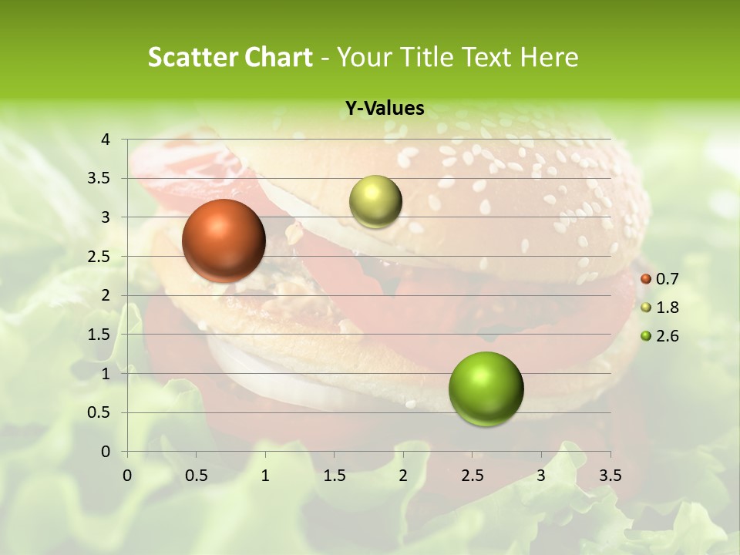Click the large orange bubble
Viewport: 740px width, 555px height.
click(x=224, y=240)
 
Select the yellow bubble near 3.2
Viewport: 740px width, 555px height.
click(x=375, y=201)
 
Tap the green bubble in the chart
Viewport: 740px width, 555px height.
click(x=486, y=388)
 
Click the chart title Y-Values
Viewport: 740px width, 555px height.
click(x=384, y=109)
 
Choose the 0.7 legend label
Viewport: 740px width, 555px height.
click(x=668, y=279)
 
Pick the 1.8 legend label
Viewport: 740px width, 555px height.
click(x=668, y=308)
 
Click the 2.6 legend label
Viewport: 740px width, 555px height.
click(x=668, y=336)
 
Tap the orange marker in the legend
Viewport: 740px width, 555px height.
click(x=646, y=279)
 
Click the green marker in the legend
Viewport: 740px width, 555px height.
click(x=646, y=336)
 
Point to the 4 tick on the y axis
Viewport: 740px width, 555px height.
click(x=106, y=139)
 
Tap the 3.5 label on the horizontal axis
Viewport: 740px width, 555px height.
click(x=610, y=475)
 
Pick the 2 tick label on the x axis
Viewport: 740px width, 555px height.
click(x=403, y=475)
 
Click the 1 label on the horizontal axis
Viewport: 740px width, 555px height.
click(x=265, y=475)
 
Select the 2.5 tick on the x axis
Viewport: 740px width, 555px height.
click(x=472, y=475)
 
